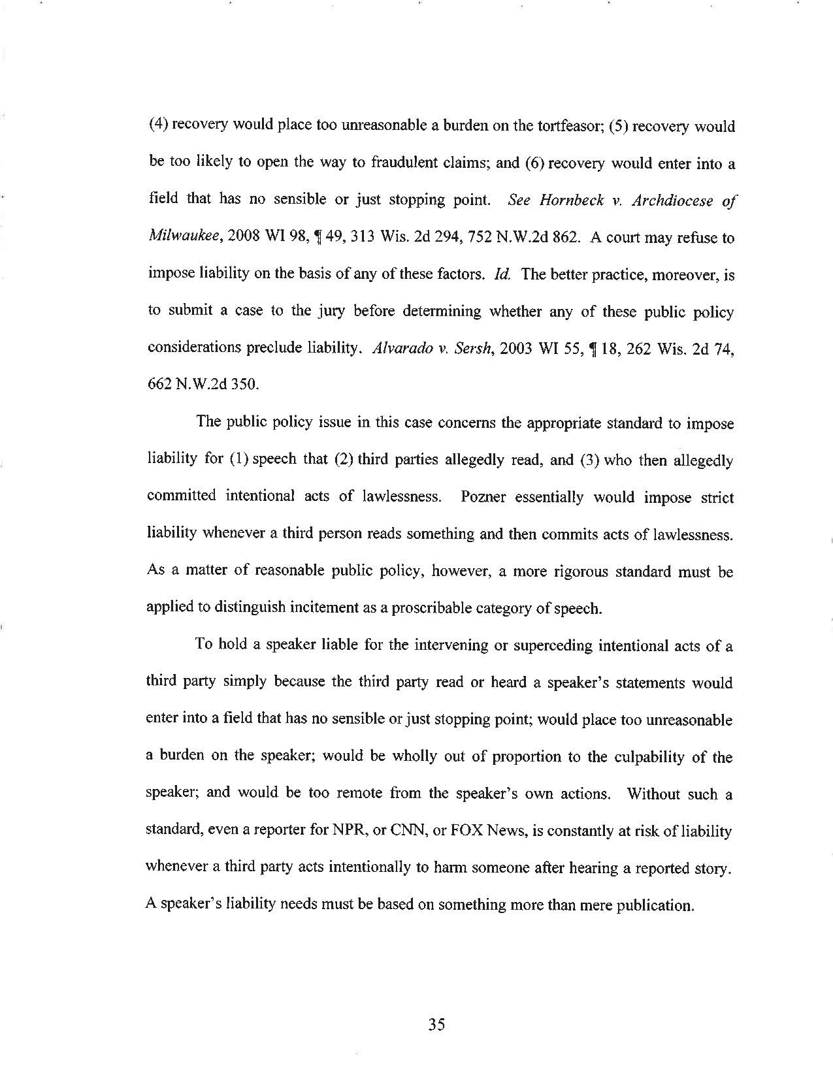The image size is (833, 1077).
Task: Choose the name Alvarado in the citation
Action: (397, 347)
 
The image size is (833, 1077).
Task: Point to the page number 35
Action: (436, 1023)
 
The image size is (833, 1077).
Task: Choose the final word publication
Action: (653, 906)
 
